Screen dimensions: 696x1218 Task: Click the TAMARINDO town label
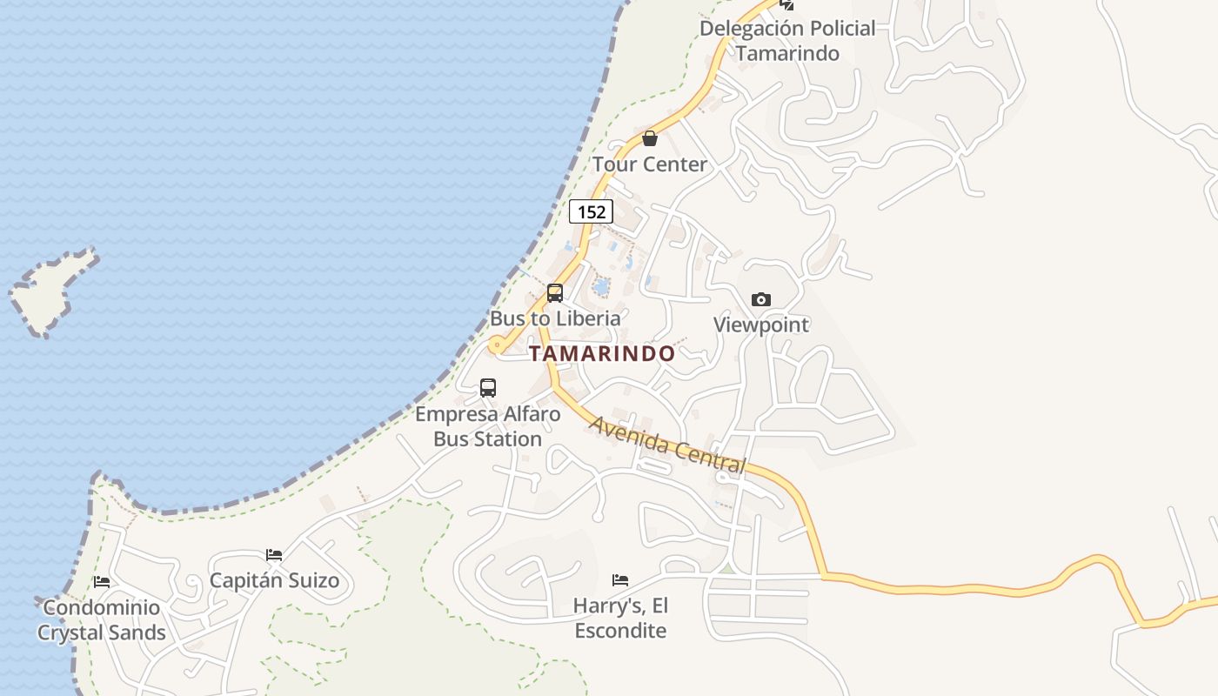pos(602,353)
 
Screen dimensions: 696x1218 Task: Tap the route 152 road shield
pos(591,211)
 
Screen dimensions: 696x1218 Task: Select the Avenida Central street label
pos(668,445)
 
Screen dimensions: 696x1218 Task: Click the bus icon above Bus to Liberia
pos(555,293)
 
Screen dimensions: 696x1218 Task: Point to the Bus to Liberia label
pos(555,318)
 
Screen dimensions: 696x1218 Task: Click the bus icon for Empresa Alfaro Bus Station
pos(488,388)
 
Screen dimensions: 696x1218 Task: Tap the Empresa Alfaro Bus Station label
pos(488,426)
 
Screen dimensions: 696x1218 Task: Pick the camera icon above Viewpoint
pos(761,300)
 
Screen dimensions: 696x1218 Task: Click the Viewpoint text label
pos(761,325)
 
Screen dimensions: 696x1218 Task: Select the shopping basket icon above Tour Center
pos(650,138)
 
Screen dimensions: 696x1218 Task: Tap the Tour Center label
pos(650,164)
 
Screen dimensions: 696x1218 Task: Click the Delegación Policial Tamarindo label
pos(787,41)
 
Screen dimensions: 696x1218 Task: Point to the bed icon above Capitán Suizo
pos(274,555)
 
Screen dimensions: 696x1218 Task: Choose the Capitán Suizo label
pos(274,580)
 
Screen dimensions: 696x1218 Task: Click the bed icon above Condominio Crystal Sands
pos(102,582)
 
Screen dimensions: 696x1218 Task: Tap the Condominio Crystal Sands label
pos(102,620)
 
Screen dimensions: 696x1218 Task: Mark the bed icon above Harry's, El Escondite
pos(620,580)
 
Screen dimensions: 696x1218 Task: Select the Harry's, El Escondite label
pos(620,618)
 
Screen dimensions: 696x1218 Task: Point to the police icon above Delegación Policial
pos(786,4)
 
